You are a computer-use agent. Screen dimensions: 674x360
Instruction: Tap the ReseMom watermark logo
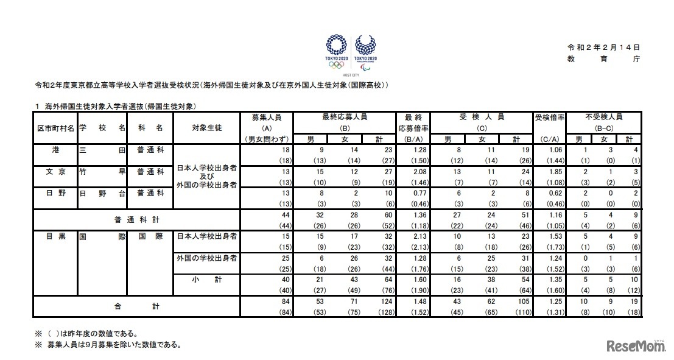point(636,346)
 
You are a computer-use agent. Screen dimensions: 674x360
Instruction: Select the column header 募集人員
point(266,116)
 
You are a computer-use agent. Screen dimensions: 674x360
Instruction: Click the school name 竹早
point(102,172)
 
